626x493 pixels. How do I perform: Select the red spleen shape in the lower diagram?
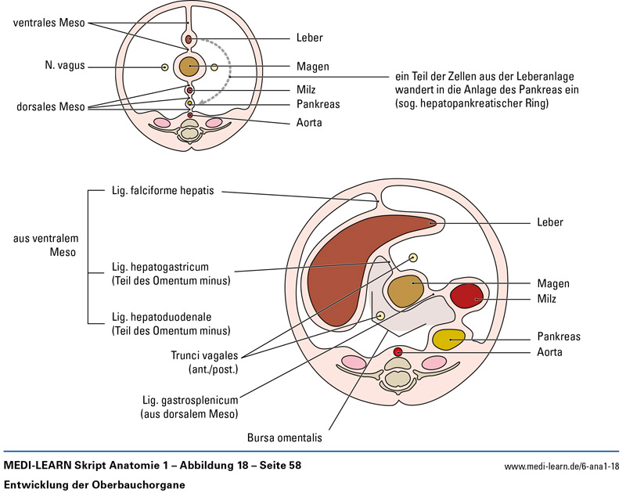click(x=467, y=297)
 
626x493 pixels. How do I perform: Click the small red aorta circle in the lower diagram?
click(x=398, y=352)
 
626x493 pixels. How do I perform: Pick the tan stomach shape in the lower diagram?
click(x=405, y=290)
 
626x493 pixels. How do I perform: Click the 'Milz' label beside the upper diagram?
click(x=306, y=90)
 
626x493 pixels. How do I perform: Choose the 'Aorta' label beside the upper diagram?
click(x=309, y=123)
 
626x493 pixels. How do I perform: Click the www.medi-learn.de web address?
click(x=561, y=466)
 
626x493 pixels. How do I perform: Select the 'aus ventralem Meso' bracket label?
click(x=45, y=246)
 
